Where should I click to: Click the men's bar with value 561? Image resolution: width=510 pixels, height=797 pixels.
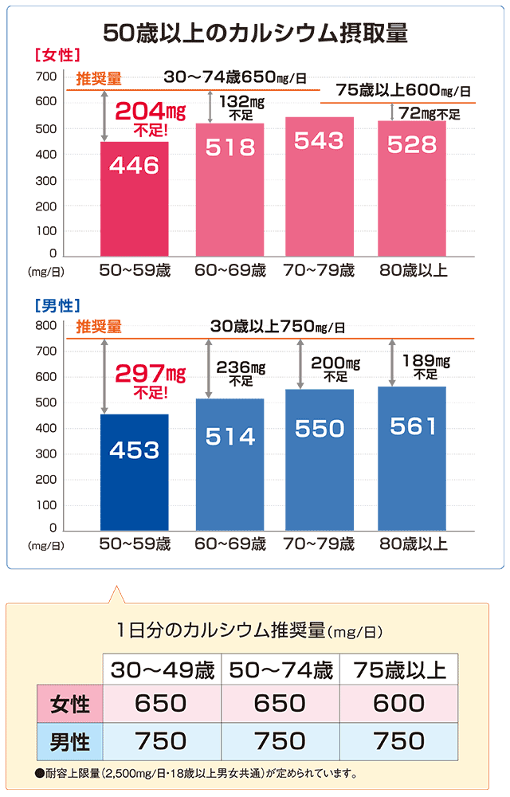[412, 458]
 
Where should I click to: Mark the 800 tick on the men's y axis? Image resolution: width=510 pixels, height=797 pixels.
[45, 325]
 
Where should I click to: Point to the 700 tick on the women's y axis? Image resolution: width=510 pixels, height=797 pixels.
[45, 77]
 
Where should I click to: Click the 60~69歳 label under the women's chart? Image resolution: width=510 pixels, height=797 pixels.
[230, 271]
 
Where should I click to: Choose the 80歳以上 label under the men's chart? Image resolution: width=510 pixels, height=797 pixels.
[413, 545]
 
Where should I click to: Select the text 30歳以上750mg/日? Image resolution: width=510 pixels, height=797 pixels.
[278, 327]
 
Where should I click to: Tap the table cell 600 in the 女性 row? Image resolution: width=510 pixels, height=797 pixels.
[398, 703]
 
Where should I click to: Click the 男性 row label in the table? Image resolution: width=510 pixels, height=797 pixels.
[69, 742]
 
